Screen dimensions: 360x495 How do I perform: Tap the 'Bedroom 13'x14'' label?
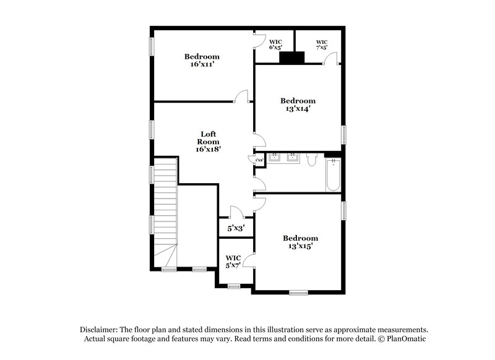click(x=298, y=105)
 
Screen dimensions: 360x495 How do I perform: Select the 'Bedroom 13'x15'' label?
click(x=300, y=242)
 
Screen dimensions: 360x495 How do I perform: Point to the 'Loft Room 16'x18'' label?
click(x=208, y=141)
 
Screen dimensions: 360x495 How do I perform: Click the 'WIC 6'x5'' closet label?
click(x=275, y=44)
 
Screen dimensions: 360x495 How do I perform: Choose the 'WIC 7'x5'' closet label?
click(x=321, y=44)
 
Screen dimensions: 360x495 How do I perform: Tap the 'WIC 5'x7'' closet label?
click(x=233, y=261)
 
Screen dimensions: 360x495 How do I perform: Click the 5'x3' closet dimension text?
click(x=235, y=228)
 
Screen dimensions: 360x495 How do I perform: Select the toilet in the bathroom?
click(x=311, y=161)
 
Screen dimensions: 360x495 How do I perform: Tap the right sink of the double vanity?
click(x=293, y=158)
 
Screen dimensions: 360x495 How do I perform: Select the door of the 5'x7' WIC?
click(x=248, y=260)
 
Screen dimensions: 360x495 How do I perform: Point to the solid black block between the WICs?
click(x=292, y=58)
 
